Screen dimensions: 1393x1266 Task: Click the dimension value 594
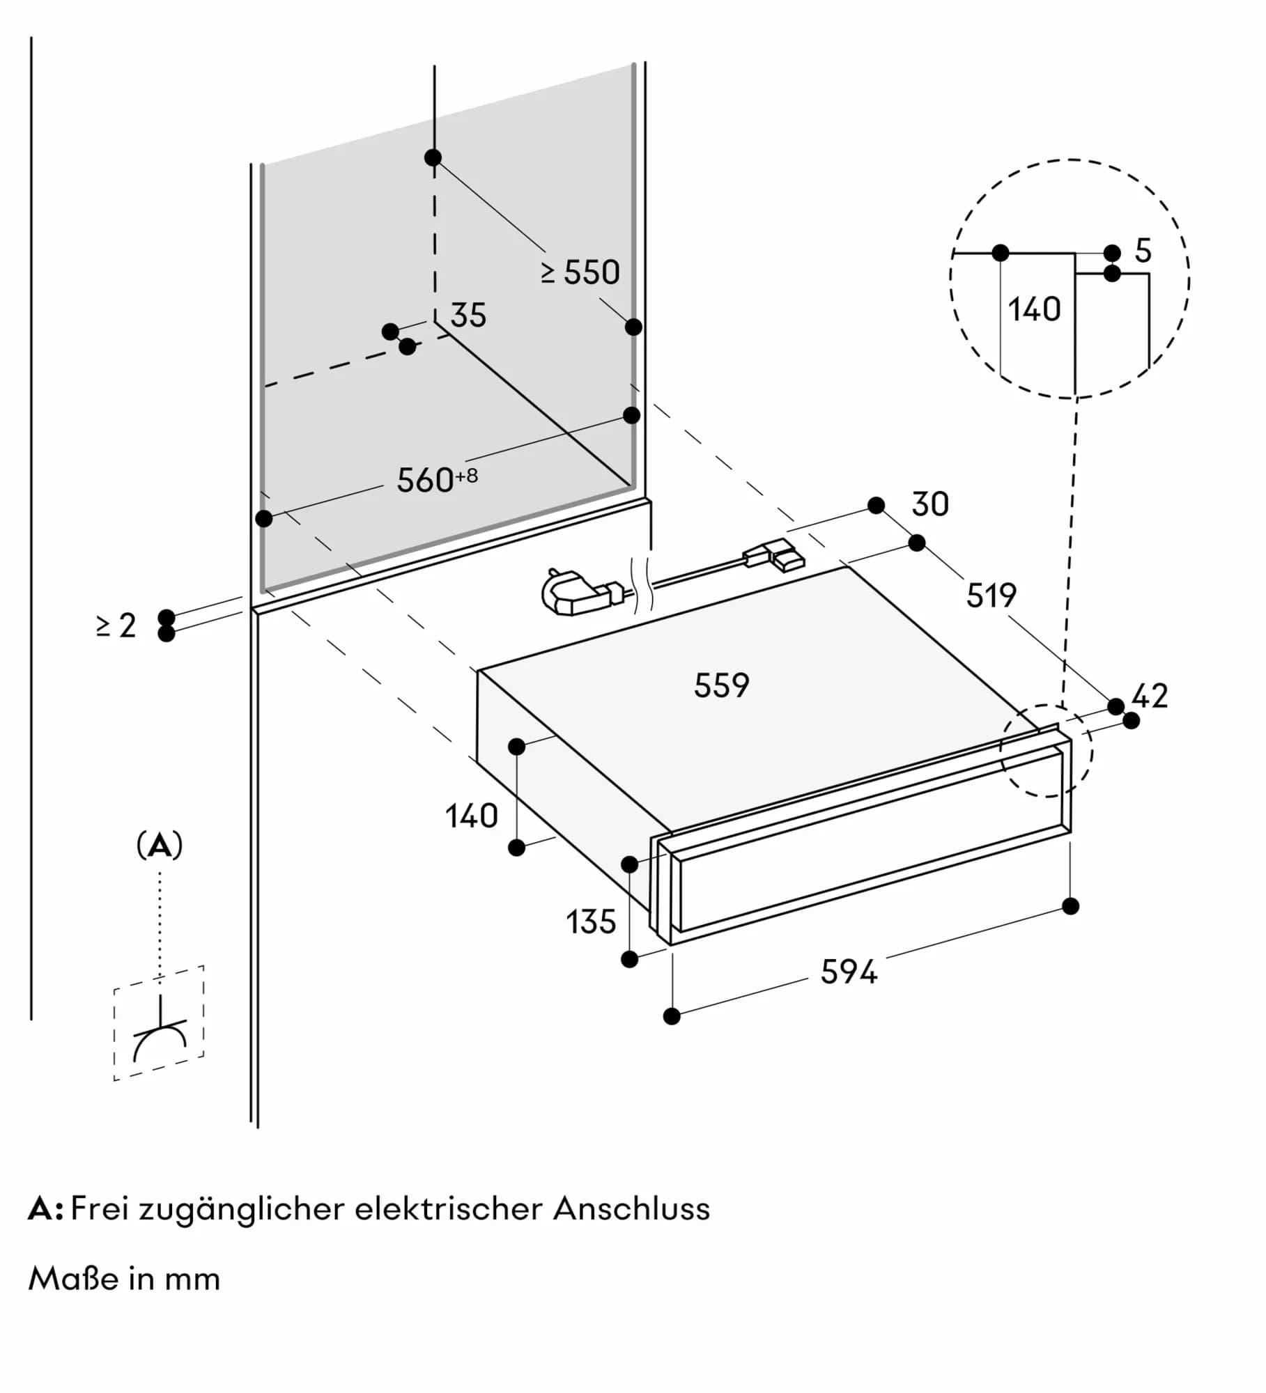(848, 972)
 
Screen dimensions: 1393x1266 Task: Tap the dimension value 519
(991, 596)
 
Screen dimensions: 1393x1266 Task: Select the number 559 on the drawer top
(721, 685)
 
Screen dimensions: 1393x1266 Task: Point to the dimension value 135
(591, 922)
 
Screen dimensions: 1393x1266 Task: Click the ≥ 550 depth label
(580, 272)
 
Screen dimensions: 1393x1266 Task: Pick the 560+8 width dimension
(437, 480)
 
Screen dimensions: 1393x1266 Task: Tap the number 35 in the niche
(468, 316)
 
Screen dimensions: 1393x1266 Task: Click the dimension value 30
(929, 504)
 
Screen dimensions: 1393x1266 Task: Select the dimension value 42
(1150, 696)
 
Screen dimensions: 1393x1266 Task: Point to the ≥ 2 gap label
(116, 625)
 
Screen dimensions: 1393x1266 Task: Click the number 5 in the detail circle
(1143, 251)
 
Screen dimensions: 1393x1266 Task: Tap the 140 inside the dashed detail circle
(1034, 309)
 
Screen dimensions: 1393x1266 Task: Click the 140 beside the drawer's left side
(472, 816)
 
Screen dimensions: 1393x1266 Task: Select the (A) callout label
(160, 846)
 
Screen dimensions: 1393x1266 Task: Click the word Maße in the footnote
(72, 1279)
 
